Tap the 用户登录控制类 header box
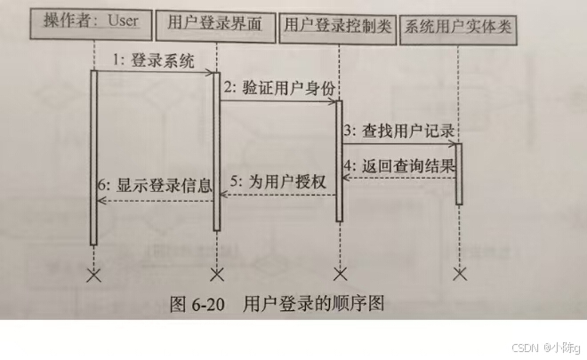(338, 24)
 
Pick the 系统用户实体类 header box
(458, 26)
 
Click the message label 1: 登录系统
(153, 60)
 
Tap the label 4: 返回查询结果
(399, 165)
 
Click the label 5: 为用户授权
(277, 183)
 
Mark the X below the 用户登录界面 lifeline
(216, 272)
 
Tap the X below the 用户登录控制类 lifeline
(338, 272)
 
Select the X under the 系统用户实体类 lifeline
(459, 272)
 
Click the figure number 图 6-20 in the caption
(197, 303)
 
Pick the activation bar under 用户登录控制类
(338, 160)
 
